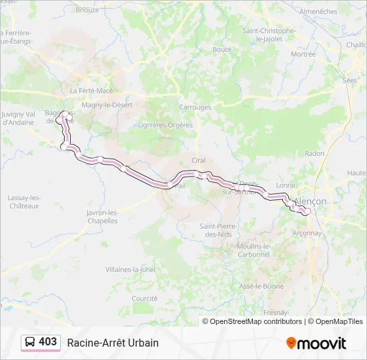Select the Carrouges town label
pos(195,107)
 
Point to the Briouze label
pos(87,10)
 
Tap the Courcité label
pos(144,299)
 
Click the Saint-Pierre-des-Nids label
pos(218,230)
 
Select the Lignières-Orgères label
pos(165,125)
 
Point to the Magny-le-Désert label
pos(107,105)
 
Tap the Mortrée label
pos(304,55)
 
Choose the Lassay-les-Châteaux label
pos(23,201)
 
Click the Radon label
pos(314,153)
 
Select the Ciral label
pos(198,161)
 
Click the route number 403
pos(47,341)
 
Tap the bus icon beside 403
pos(30,342)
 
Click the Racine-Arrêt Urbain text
pos(112,343)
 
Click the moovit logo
pos(316,343)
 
